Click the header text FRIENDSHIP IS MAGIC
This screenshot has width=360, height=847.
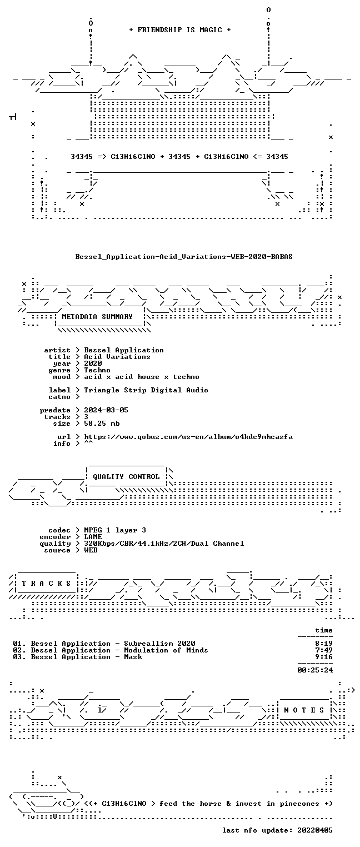click(179, 30)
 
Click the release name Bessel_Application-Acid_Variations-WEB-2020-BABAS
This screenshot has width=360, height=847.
click(184, 257)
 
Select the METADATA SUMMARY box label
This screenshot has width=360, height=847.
click(97, 316)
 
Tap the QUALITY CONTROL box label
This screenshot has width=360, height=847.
click(126, 476)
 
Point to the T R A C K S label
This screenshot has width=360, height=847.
click(46, 584)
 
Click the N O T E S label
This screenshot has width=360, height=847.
click(304, 710)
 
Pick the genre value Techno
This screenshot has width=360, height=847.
click(97, 370)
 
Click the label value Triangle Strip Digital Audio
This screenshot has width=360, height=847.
click(146, 390)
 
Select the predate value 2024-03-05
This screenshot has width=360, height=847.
click(106, 410)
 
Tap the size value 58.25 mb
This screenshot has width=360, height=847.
click(102, 423)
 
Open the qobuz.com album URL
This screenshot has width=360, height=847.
click(188, 437)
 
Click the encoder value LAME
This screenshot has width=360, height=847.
click(93, 536)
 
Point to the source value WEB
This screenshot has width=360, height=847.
click(91, 550)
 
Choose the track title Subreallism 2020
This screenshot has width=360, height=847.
click(159, 643)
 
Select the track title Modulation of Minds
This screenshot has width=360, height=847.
click(166, 650)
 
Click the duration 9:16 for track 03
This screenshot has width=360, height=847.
click(324, 657)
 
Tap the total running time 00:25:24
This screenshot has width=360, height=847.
click(315, 670)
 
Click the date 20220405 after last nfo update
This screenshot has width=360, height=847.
click(315, 830)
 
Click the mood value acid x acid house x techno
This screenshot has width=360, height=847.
click(142, 377)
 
